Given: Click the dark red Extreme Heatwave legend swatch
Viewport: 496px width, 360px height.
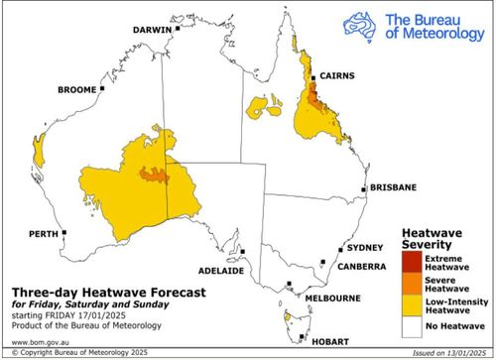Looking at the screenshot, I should click(x=410, y=262).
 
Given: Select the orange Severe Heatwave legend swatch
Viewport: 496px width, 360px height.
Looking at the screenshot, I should click(x=410, y=283).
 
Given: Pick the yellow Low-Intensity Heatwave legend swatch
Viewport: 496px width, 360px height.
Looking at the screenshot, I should click(x=410, y=302).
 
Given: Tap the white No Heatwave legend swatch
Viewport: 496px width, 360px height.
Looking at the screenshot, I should click(x=410, y=323).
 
